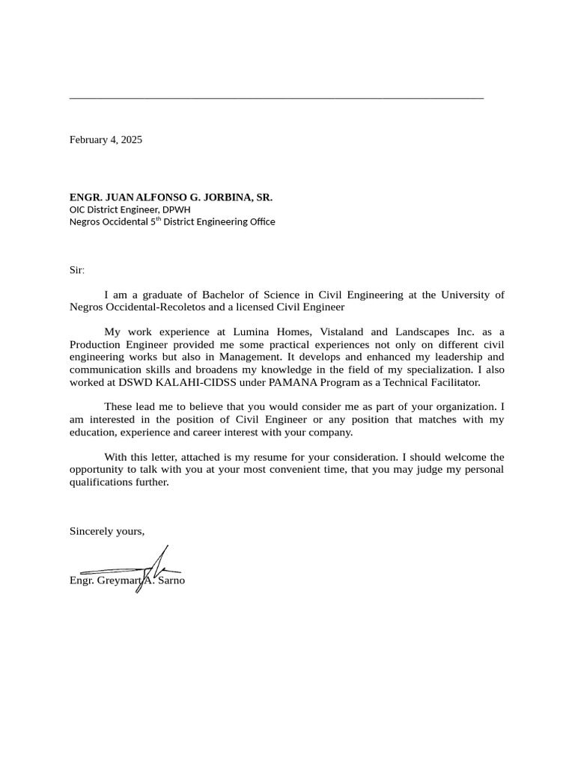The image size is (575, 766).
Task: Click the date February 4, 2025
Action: pyautogui.click(x=106, y=140)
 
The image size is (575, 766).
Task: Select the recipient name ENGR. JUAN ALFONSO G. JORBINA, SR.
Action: pyautogui.click(x=171, y=197)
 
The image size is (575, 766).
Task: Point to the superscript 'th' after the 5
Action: pyautogui.click(x=158, y=219)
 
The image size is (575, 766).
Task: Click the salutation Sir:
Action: pyautogui.click(x=77, y=270)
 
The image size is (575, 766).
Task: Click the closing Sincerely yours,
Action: pyautogui.click(x=107, y=531)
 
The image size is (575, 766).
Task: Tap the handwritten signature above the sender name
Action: pyautogui.click(x=150, y=569)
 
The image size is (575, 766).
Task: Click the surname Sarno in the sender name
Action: pyautogui.click(x=171, y=580)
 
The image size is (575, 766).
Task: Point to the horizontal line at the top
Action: pyautogui.click(x=276, y=98)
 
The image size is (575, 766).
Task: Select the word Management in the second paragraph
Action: pyautogui.click(x=251, y=358)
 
